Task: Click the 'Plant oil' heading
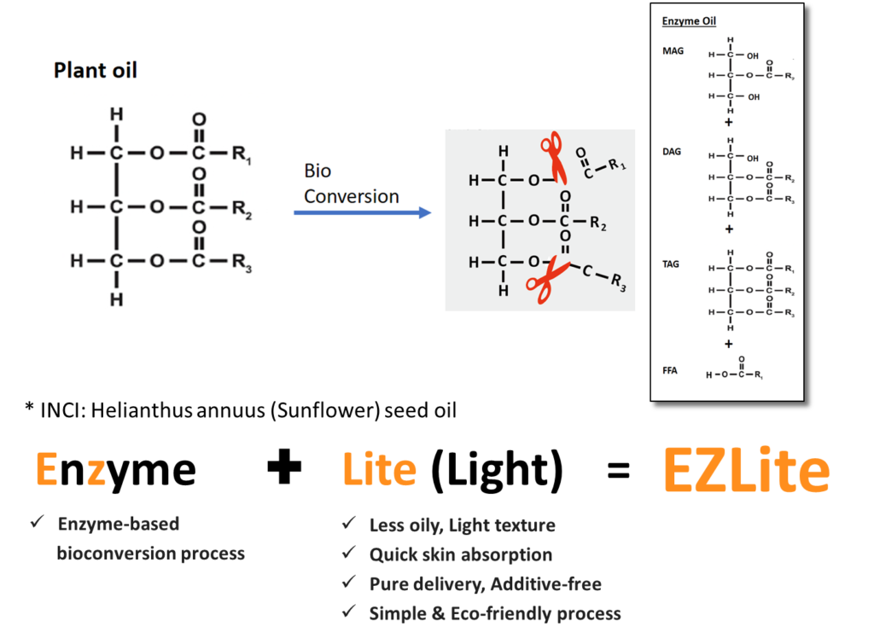95,70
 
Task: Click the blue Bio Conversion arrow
363,212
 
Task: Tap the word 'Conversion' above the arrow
352,196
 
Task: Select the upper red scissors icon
556,158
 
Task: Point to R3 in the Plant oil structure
242,262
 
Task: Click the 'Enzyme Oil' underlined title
690,21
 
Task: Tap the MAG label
673,51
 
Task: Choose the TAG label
672,264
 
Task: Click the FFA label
670,371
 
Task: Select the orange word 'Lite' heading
380,470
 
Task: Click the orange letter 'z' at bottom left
96,473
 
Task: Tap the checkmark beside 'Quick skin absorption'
348,554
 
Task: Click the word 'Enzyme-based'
118,524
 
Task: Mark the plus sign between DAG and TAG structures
729,229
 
